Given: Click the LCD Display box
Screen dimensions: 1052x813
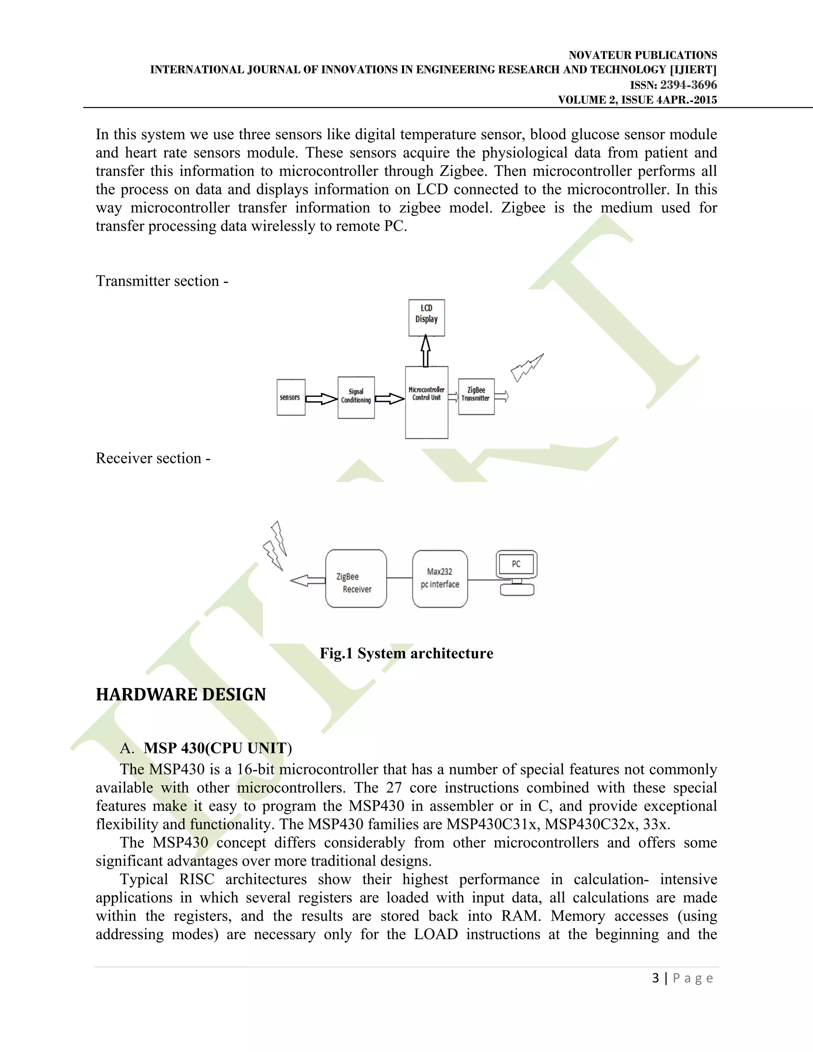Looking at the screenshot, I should click(x=426, y=318).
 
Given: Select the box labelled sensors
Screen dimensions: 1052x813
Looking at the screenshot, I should click(x=291, y=397).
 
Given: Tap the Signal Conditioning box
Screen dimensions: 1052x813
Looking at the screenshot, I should click(x=356, y=397).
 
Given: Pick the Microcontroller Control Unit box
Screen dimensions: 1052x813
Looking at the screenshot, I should click(x=426, y=402).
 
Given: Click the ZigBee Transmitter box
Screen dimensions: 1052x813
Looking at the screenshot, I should click(x=476, y=397).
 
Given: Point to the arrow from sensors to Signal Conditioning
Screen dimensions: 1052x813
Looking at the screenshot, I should click(x=321, y=399).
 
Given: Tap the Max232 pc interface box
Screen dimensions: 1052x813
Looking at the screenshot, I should click(x=440, y=578).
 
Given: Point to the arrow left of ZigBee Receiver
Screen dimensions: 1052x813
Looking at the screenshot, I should click(x=307, y=581).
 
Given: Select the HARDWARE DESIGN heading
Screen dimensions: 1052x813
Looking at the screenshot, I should click(x=181, y=695).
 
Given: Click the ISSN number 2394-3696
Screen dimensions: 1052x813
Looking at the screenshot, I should click(x=688, y=85).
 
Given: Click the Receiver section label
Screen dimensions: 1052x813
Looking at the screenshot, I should click(x=153, y=458).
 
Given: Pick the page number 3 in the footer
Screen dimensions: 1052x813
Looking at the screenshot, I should click(x=655, y=978).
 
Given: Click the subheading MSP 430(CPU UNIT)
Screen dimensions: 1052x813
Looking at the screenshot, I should click(x=217, y=748).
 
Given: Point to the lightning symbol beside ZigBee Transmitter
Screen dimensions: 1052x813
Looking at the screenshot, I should click(x=526, y=368).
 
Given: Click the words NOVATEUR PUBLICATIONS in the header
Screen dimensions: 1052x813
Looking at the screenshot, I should click(x=643, y=55).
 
